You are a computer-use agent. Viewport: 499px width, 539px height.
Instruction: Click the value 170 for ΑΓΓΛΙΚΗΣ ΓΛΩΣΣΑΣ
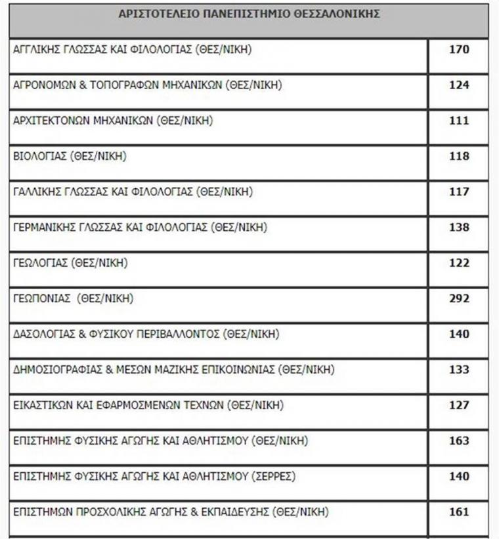tap(459, 49)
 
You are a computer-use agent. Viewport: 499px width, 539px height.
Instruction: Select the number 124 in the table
tap(459, 85)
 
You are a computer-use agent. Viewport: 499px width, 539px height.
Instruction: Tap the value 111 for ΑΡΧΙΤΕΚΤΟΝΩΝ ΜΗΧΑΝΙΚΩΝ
tap(459, 121)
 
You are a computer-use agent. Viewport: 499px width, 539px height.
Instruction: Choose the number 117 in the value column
tap(459, 191)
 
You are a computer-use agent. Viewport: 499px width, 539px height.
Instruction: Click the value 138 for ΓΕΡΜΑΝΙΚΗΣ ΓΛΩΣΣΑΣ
tap(459, 228)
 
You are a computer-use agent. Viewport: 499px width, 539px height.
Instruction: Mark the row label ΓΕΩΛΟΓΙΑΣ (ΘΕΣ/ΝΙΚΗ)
tap(70, 263)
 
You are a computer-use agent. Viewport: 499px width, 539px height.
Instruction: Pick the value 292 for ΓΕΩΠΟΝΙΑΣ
tap(459, 298)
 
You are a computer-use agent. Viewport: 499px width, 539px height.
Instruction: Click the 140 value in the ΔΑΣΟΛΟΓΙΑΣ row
tap(459, 334)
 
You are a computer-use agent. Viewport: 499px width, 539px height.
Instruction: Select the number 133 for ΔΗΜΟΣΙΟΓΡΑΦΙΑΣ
tap(459, 370)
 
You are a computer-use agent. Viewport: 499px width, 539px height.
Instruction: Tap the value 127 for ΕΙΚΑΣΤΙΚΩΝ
tap(459, 405)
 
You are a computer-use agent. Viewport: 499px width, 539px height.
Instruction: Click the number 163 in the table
tap(459, 441)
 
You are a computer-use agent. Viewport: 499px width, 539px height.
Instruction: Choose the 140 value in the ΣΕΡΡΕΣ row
tap(459, 476)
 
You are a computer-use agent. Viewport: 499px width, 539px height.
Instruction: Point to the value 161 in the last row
tap(459, 511)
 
